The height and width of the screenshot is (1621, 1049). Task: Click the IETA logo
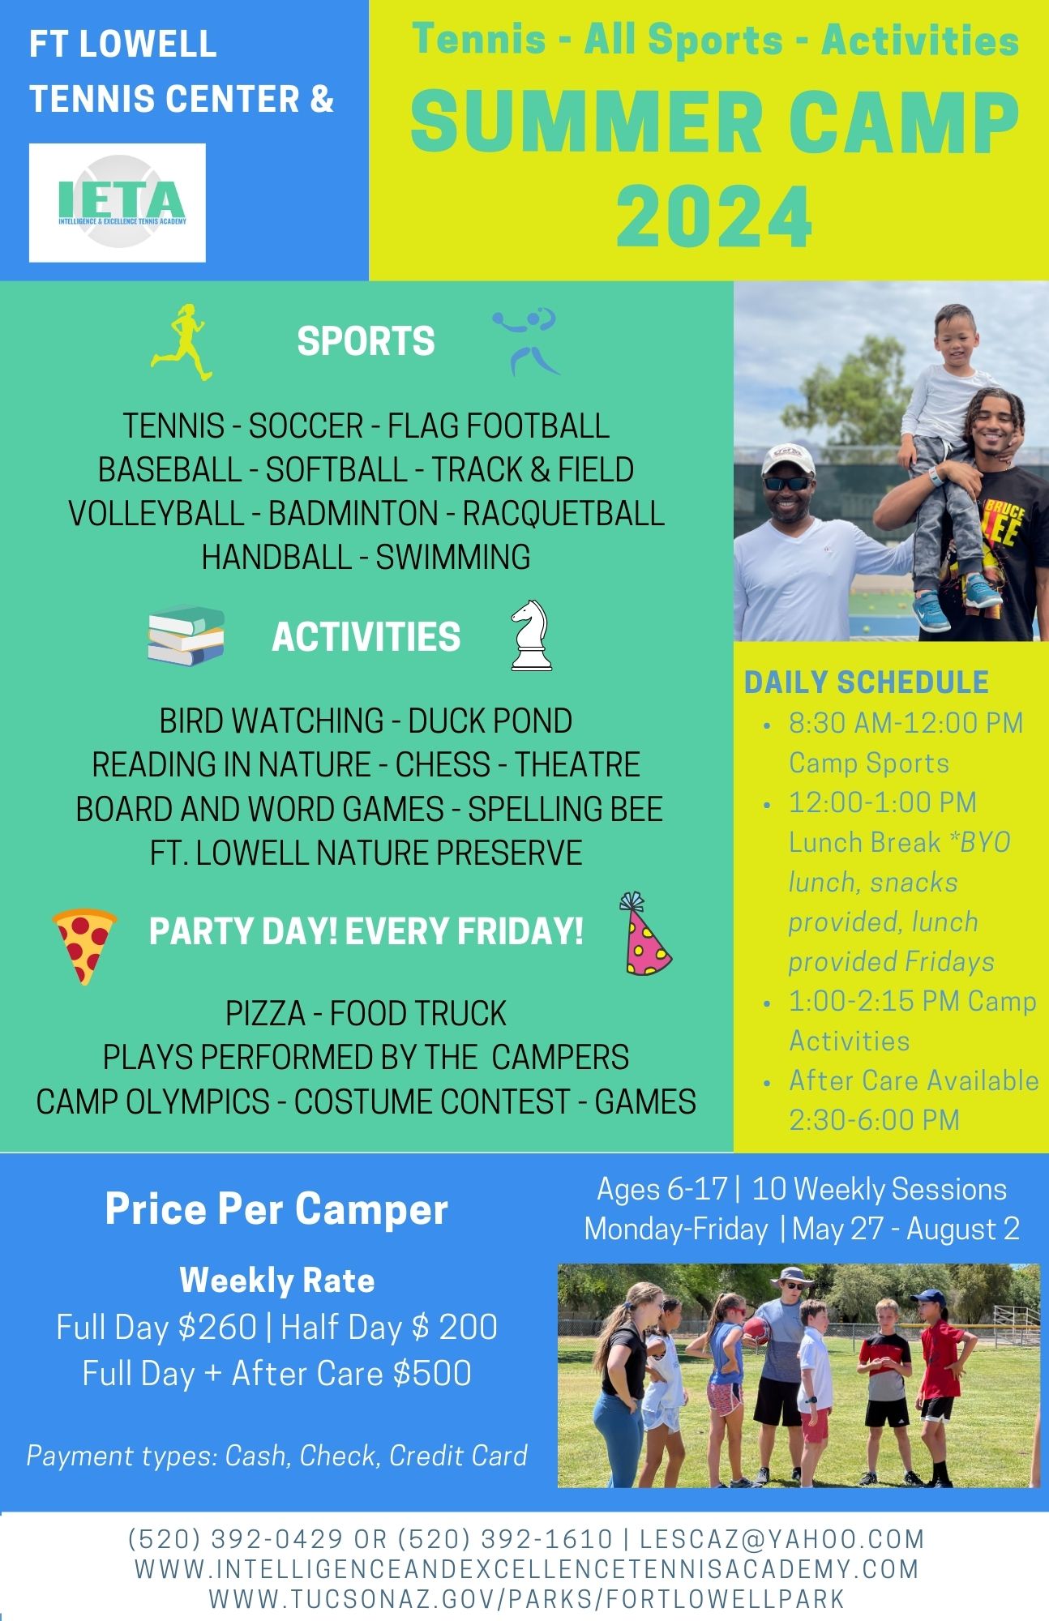118,203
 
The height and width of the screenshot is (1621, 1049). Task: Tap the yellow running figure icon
182,342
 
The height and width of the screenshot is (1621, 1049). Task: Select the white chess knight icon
531,635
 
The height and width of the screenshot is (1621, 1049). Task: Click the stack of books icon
186,635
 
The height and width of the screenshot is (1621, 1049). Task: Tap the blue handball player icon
525,341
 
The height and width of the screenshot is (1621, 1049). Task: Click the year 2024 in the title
713,217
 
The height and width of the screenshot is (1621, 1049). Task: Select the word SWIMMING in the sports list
453,558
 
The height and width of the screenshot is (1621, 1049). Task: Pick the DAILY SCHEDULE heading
867,682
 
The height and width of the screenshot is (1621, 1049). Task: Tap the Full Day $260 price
156,1328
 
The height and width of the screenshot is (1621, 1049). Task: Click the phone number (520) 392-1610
505,1538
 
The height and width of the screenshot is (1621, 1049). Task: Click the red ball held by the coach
756,1332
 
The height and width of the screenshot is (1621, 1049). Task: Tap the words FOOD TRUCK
417,1014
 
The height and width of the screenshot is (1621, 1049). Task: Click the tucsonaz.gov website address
527,1599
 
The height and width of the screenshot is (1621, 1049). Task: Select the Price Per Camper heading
276,1209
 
